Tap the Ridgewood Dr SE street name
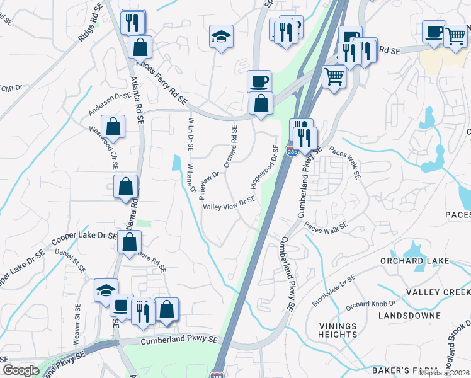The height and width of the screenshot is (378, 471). (264, 167)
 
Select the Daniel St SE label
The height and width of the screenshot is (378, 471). (71, 260)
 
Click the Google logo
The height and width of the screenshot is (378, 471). (20, 370)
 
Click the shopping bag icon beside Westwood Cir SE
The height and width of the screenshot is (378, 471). (112, 127)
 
